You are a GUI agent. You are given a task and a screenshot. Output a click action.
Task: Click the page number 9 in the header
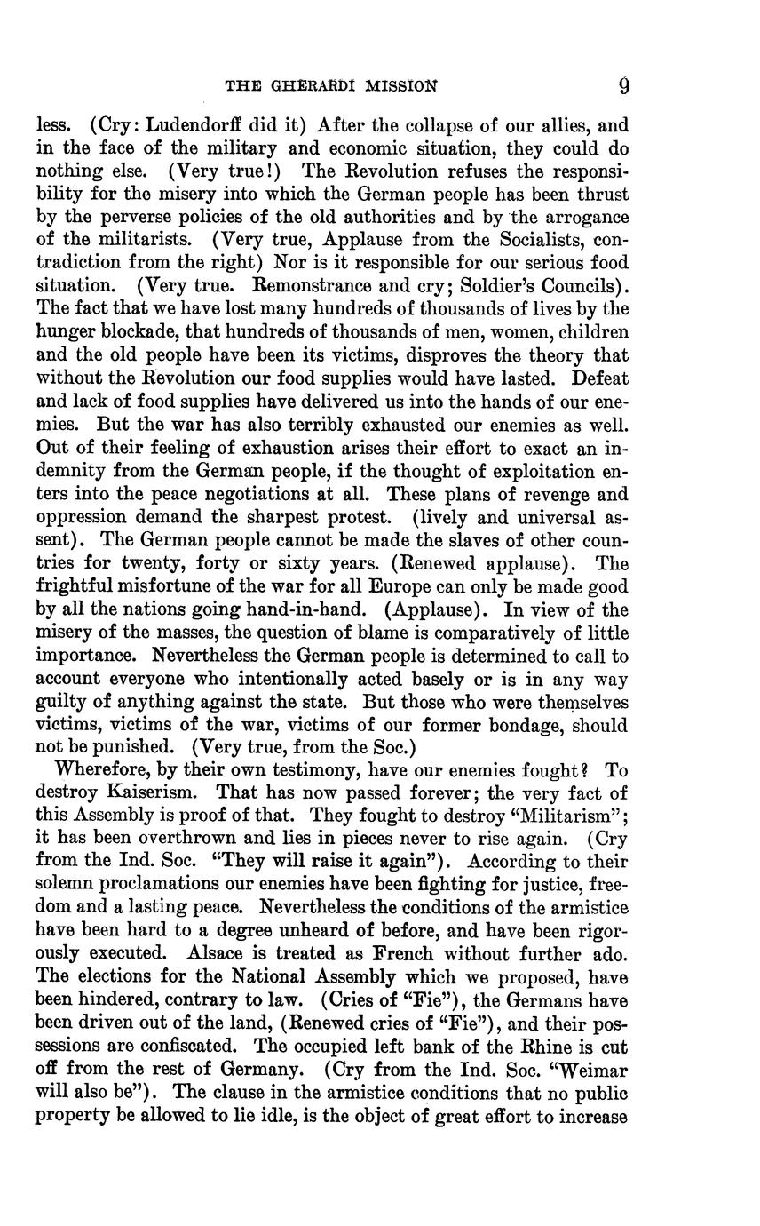[x=624, y=85]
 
